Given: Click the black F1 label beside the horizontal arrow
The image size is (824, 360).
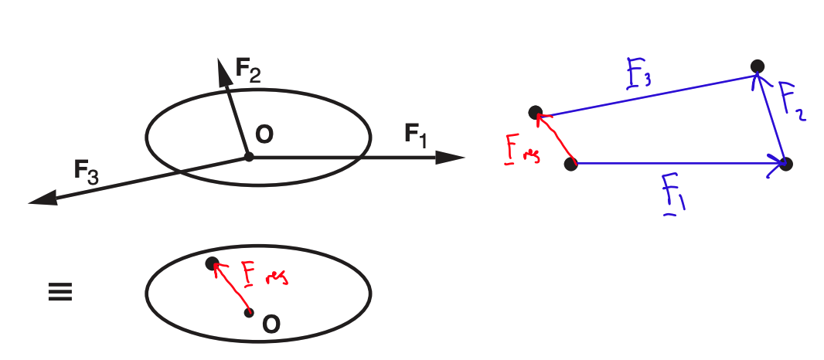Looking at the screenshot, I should pyautogui.click(x=415, y=134).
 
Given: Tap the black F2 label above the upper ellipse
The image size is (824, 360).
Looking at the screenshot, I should pyautogui.click(x=248, y=71).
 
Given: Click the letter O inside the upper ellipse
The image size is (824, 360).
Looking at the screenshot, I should pyautogui.click(x=264, y=135).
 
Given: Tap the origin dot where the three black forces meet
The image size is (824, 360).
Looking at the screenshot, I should pyautogui.click(x=249, y=157).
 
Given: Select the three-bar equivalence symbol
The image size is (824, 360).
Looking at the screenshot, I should pyautogui.click(x=60, y=293).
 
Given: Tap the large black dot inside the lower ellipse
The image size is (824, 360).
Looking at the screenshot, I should pyautogui.click(x=212, y=263).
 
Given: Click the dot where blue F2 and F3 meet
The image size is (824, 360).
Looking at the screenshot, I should pyautogui.click(x=758, y=66).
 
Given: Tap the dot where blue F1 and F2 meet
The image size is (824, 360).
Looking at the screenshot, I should pyautogui.click(x=786, y=164).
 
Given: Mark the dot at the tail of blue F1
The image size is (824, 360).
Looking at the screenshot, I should pyautogui.click(x=571, y=164).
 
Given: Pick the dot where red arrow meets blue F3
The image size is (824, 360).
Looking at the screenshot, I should pyautogui.click(x=535, y=113).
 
